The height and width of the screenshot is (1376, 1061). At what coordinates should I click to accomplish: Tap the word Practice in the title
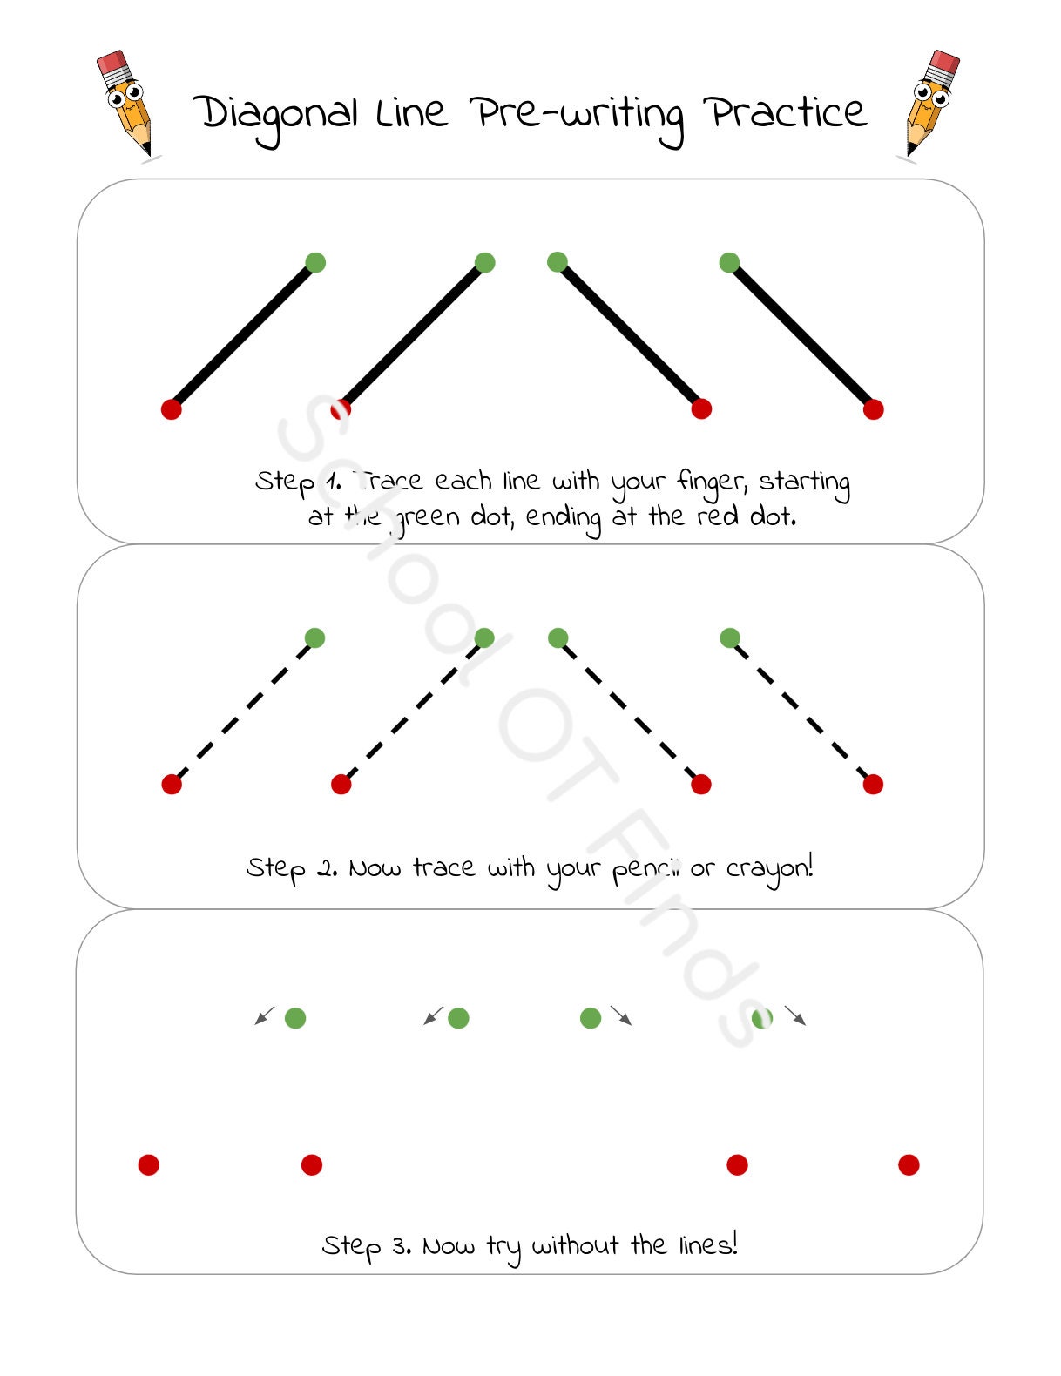(786, 113)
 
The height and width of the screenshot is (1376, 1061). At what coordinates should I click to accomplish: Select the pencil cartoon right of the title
(930, 104)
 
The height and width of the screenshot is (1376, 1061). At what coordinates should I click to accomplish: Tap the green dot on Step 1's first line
(315, 262)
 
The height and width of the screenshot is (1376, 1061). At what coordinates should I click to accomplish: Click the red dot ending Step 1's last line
(873, 409)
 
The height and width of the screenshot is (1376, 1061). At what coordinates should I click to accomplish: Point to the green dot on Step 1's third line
(558, 261)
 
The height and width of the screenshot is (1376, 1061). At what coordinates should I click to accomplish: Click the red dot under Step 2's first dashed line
(172, 785)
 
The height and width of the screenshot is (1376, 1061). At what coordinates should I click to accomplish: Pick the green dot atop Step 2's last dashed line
(730, 638)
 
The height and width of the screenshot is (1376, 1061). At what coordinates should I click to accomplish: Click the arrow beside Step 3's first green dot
(265, 1015)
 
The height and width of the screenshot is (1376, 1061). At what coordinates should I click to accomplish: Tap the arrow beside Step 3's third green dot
(621, 1015)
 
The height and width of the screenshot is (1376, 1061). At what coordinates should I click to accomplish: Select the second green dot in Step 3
(458, 1018)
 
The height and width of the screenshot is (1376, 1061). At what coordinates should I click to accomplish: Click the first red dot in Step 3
(149, 1164)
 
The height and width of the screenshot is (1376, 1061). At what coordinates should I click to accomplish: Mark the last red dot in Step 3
(909, 1164)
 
